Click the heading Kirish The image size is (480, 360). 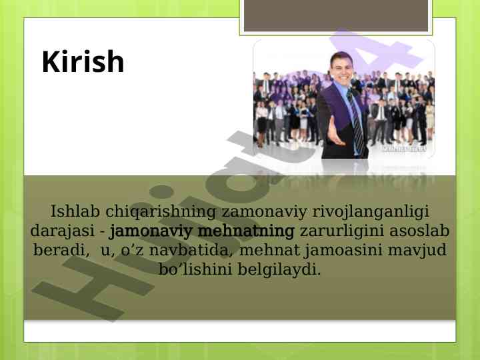pyautogui.click(x=83, y=61)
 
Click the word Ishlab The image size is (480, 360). pyautogui.click(x=75, y=211)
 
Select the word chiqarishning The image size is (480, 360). pyautogui.click(x=161, y=212)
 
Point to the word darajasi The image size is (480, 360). pyautogui.click(x=63, y=231)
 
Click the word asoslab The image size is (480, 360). pyautogui.click(x=419, y=231)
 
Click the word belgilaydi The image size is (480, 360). pyautogui.click(x=279, y=270)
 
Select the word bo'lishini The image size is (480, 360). pyautogui.click(x=195, y=269)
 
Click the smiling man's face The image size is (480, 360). pyautogui.click(x=341, y=69)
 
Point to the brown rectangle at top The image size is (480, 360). pyautogui.click(x=336, y=16)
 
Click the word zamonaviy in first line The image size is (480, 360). pyautogui.click(x=264, y=212)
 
